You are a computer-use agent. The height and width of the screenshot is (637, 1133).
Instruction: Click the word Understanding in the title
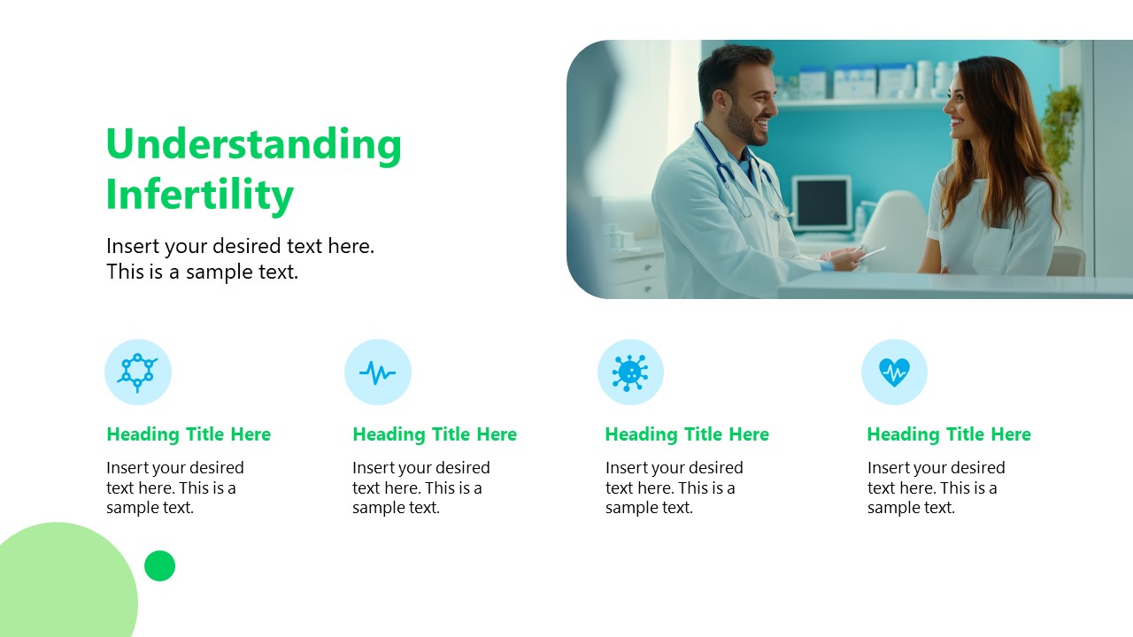tap(253, 145)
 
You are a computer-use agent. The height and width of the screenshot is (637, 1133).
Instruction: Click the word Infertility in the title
tap(199, 195)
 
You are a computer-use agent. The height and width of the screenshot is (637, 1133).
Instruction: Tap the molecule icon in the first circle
tap(137, 372)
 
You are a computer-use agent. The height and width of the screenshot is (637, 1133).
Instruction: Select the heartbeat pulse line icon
tap(378, 372)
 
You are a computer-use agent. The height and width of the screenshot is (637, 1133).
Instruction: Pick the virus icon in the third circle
tap(630, 372)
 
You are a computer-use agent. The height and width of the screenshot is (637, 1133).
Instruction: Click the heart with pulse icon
tap(894, 372)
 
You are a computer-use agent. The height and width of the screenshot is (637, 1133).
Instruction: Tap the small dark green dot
tap(159, 565)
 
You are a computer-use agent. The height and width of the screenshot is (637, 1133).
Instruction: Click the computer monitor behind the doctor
tap(821, 203)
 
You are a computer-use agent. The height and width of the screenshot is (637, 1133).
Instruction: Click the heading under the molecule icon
tap(189, 434)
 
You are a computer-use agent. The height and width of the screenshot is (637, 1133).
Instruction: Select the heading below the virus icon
tap(687, 434)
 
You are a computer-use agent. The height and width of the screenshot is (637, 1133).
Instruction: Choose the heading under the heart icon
tap(949, 434)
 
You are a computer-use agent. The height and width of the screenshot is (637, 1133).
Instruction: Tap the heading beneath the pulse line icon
tap(435, 434)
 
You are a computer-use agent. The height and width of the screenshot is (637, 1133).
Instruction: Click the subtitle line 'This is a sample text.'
tap(202, 272)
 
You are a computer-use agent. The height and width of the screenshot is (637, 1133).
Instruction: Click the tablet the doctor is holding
tap(867, 254)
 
